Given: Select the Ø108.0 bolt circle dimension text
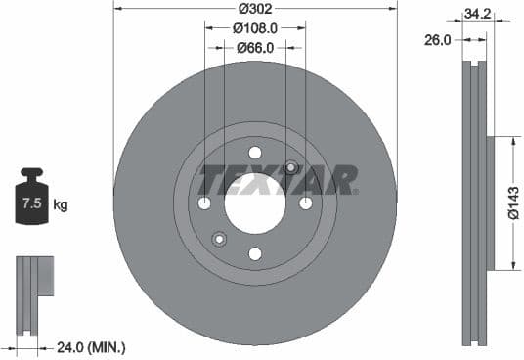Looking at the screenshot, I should [x=255, y=28].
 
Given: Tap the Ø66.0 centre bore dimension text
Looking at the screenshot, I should [x=255, y=46].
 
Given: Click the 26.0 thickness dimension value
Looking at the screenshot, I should [x=439, y=40].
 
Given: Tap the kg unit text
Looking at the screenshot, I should [x=60, y=204].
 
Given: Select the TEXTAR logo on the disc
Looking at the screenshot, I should [x=278, y=180].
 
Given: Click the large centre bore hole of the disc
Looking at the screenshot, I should [x=255, y=203].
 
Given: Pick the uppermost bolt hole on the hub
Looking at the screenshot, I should [x=255, y=153].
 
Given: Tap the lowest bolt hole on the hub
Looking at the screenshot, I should [x=255, y=254].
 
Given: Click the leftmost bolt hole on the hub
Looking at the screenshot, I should [x=204, y=203].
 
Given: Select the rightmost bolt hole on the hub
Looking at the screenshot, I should [x=306, y=203].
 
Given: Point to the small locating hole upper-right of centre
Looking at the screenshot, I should [x=290, y=167].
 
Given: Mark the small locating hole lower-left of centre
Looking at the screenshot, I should [x=219, y=240].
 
